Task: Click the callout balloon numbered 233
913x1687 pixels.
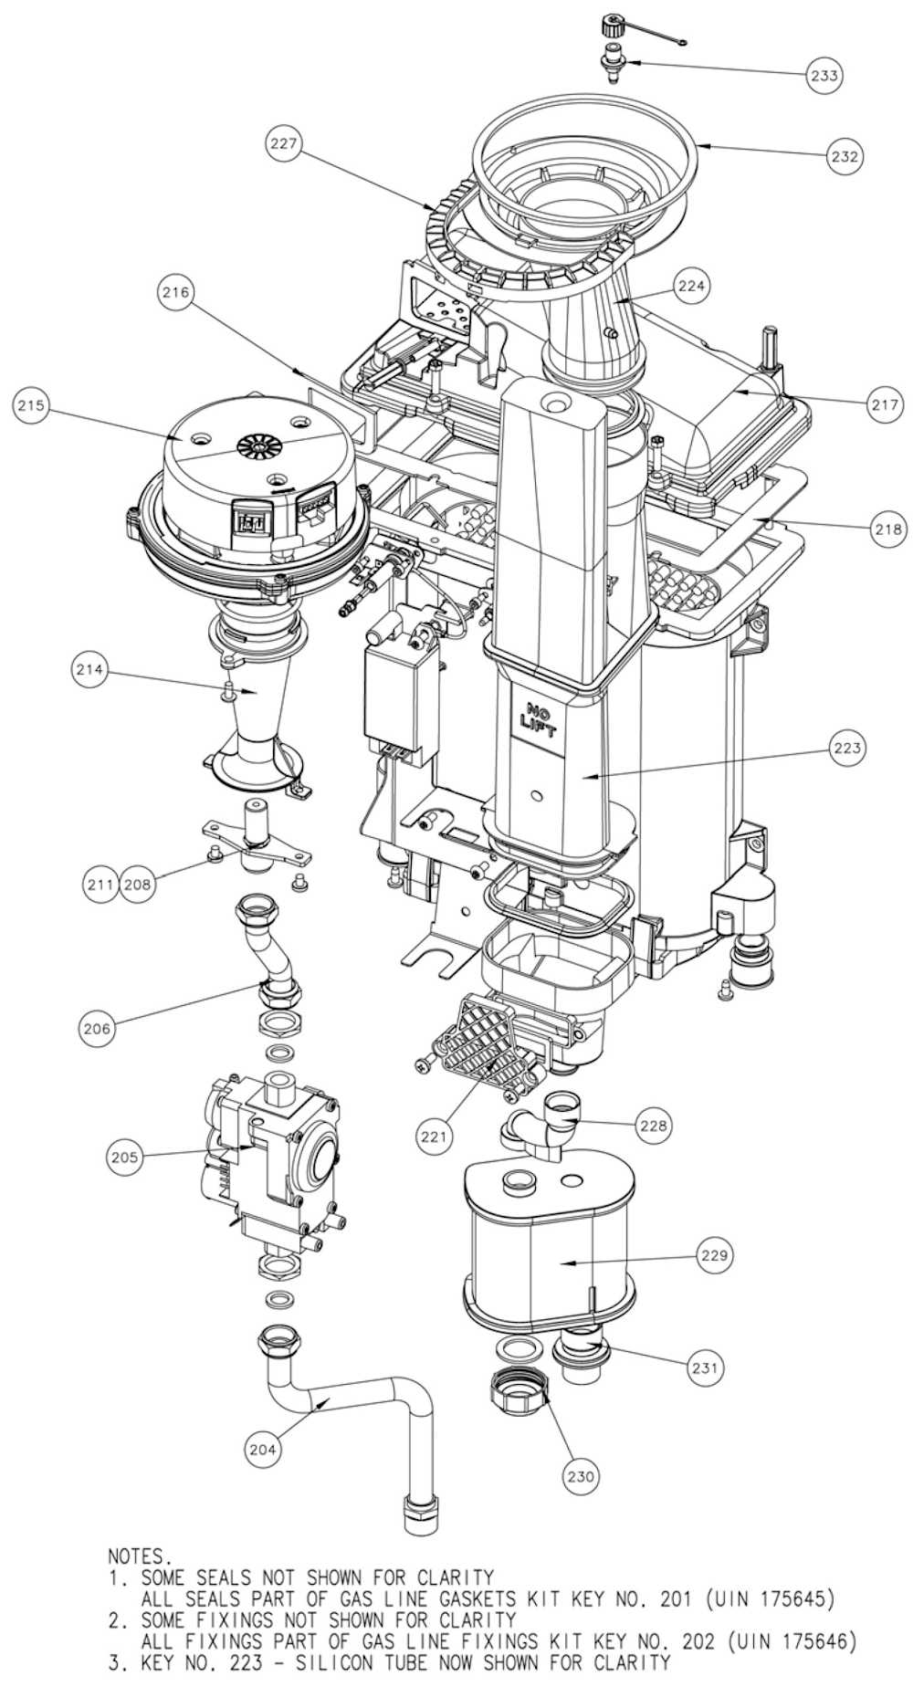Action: point(824,76)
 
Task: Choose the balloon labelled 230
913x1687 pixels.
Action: point(582,1475)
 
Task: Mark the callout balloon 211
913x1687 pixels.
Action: point(100,884)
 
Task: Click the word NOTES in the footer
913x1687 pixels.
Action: point(139,1555)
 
